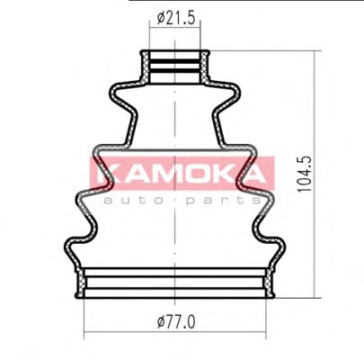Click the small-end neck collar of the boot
coord(178,66)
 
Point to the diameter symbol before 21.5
coord(158,15)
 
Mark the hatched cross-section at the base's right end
coord(270,284)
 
